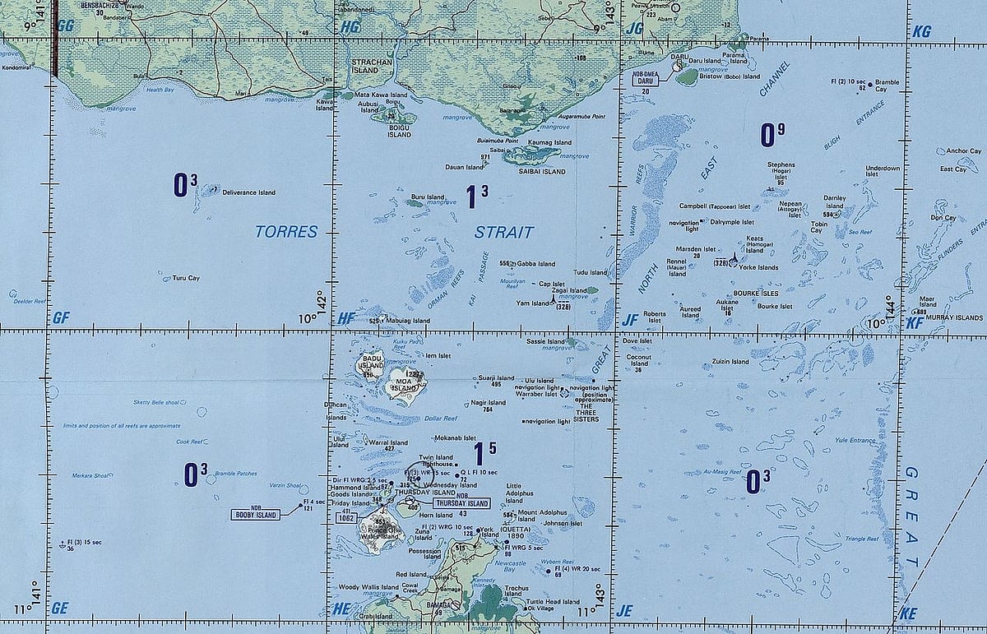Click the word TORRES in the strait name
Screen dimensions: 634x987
click(285, 232)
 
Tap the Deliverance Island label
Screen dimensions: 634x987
click(248, 192)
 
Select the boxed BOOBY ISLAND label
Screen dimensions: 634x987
click(256, 514)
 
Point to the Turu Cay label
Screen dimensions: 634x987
click(186, 278)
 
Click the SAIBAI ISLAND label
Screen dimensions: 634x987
click(542, 171)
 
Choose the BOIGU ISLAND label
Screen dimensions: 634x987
click(400, 131)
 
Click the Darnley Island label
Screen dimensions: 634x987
click(835, 201)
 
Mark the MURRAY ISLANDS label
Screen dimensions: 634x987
click(956, 317)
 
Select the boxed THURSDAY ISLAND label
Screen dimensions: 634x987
click(461, 503)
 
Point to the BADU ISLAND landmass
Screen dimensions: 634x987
click(368, 365)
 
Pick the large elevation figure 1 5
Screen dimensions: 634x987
click(484, 453)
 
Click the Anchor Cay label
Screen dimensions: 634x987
click(963, 151)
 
